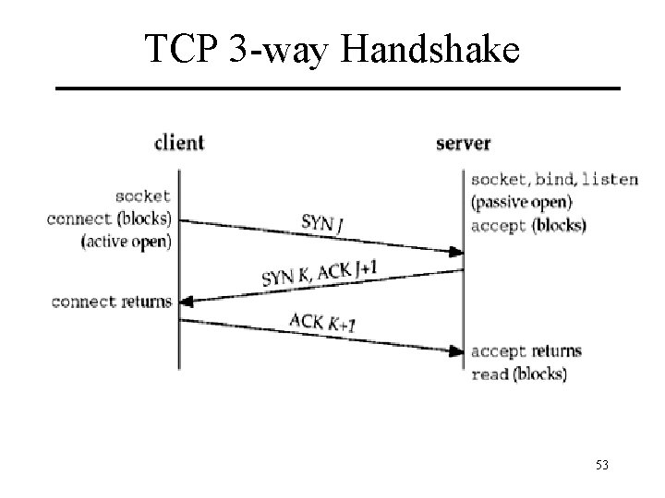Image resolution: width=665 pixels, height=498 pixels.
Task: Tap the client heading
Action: pyautogui.click(x=178, y=143)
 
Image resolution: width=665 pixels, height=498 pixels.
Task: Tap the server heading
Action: pyautogui.click(x=463, y=143)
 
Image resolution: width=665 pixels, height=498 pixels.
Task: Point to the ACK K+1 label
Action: pyautogui.click(x=321, y=323)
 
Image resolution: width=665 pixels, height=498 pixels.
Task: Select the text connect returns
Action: pyautogui.click(x=112, y=302)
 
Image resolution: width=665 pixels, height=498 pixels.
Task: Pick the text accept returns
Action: pyautogui.click(x=526, y=351)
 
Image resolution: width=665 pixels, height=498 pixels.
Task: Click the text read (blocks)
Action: pyautogui.click(x=519, y=373)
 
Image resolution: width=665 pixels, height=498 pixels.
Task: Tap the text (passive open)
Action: pyautogui.click(x=521, y=202)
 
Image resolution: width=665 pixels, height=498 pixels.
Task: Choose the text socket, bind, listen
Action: pyautogui.click(x=553, y=179)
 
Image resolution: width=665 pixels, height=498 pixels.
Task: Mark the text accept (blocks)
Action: pyautogui.click(x=527, y=225)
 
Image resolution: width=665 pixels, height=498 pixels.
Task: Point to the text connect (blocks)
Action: pyautogui.click(x=114, y=219)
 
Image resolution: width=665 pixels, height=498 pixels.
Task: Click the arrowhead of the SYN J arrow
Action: pyautogui.click(x=456, y=251)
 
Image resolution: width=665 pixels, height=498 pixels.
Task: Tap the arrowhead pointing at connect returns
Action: pyautogui.click(x=185, y=302)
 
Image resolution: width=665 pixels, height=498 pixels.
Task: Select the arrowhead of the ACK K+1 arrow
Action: pyautogui.click(x=456, y=350)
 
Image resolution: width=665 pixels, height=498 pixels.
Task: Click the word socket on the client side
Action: pyautogui.click(x=143, y=196)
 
